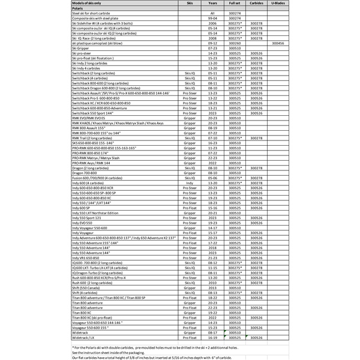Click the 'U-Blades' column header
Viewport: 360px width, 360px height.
pyautogui.click(x=278, y=3)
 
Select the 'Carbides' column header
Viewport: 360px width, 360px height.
pyautogui.click(x=256, y=3)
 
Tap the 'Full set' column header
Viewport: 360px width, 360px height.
pyautogui.click(x=235, y=3)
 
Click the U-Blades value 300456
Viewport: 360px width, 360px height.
pyautogui.click(x=278, y=44)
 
